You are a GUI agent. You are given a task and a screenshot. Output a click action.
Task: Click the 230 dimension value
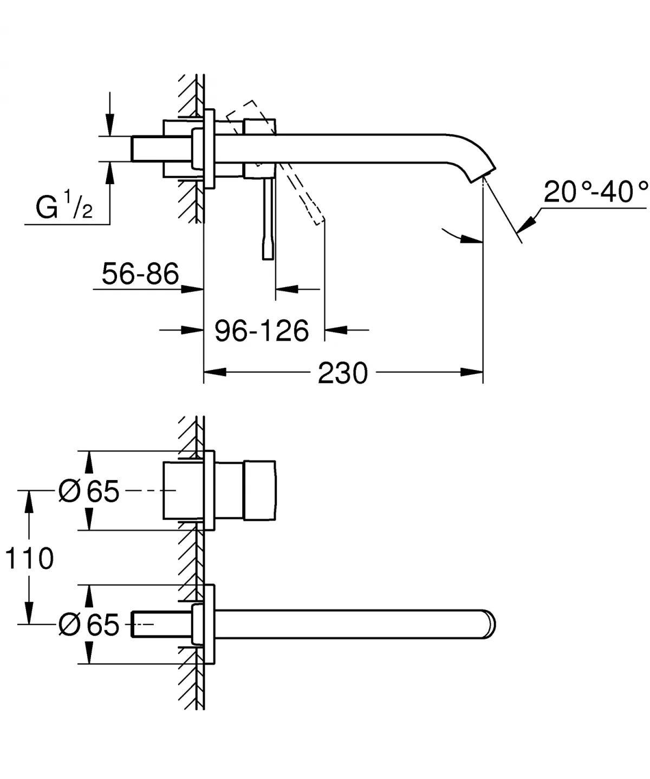tap(342, 373)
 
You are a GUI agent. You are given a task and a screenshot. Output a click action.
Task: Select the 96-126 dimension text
tap(262, 330)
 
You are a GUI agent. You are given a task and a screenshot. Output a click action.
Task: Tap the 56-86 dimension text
tap(140, 274)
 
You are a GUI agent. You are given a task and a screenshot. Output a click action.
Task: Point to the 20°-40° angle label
tap(595, 192)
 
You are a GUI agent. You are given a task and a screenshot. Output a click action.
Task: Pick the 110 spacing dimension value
tap(29, 558)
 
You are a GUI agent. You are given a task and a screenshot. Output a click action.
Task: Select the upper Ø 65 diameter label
tap(89, 491)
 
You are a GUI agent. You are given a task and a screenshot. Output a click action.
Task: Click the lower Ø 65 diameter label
tap(89, 625)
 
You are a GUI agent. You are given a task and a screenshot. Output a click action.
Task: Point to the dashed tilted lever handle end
tap(317, 217)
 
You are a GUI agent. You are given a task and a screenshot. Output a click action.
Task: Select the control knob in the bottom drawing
tap(260, 491)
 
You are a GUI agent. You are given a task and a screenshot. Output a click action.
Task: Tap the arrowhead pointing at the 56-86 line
tap(192, 289)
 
